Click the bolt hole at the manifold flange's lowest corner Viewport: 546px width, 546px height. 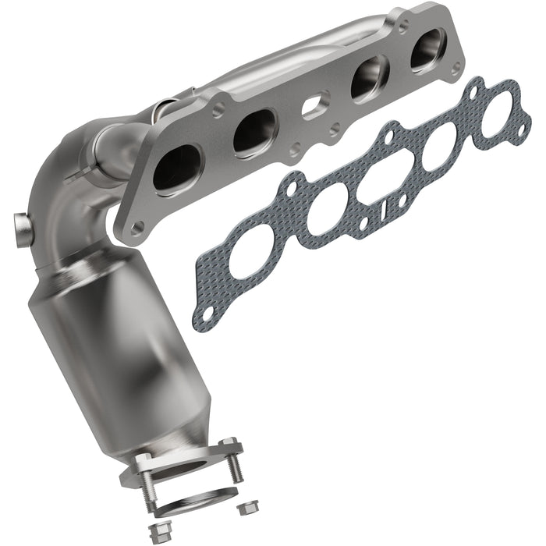point(136,228)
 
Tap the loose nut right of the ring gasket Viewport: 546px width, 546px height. point(248,507)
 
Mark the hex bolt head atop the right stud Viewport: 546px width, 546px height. point(230,446)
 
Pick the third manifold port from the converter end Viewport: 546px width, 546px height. point(369,78)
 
